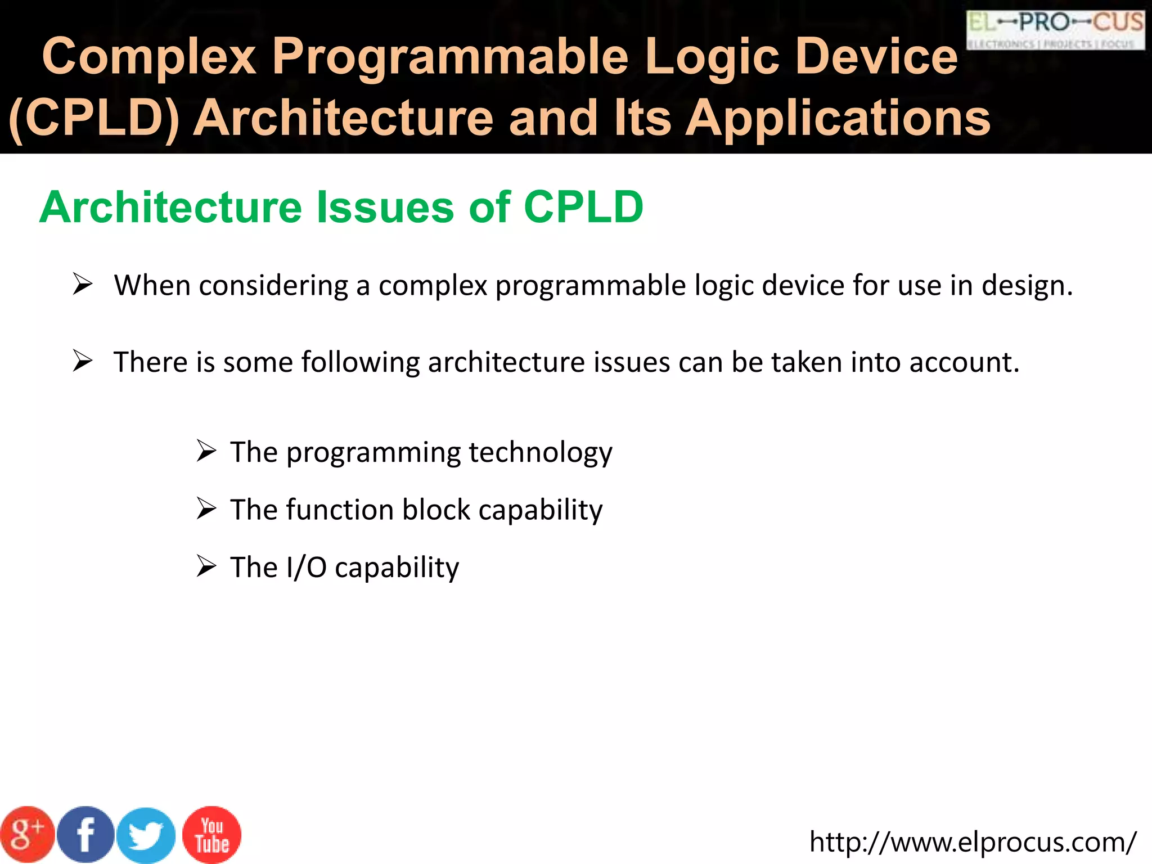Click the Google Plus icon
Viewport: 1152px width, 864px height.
[x=27, y=835]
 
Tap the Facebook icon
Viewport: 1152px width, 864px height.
[x=85, y=835]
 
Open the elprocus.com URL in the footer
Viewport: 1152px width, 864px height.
[x=973, y=842]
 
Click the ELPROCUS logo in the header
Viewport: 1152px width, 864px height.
[x=1055, y=30]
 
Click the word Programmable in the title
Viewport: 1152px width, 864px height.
[x=450, y=56]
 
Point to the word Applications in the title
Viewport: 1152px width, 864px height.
[x=838, y=118]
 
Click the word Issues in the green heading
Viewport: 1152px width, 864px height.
[x=385, y=207]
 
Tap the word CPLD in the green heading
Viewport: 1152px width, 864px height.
[x=583, y=207]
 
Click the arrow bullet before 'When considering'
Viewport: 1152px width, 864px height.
[x=83, y=285]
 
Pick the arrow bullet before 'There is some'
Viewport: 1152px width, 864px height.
[x=83, y=361]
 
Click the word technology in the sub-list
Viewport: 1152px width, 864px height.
[x=540, y=453]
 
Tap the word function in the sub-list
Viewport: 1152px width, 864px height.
[x=340, y=510]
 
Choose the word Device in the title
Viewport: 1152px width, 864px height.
[x=877, y=56]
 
